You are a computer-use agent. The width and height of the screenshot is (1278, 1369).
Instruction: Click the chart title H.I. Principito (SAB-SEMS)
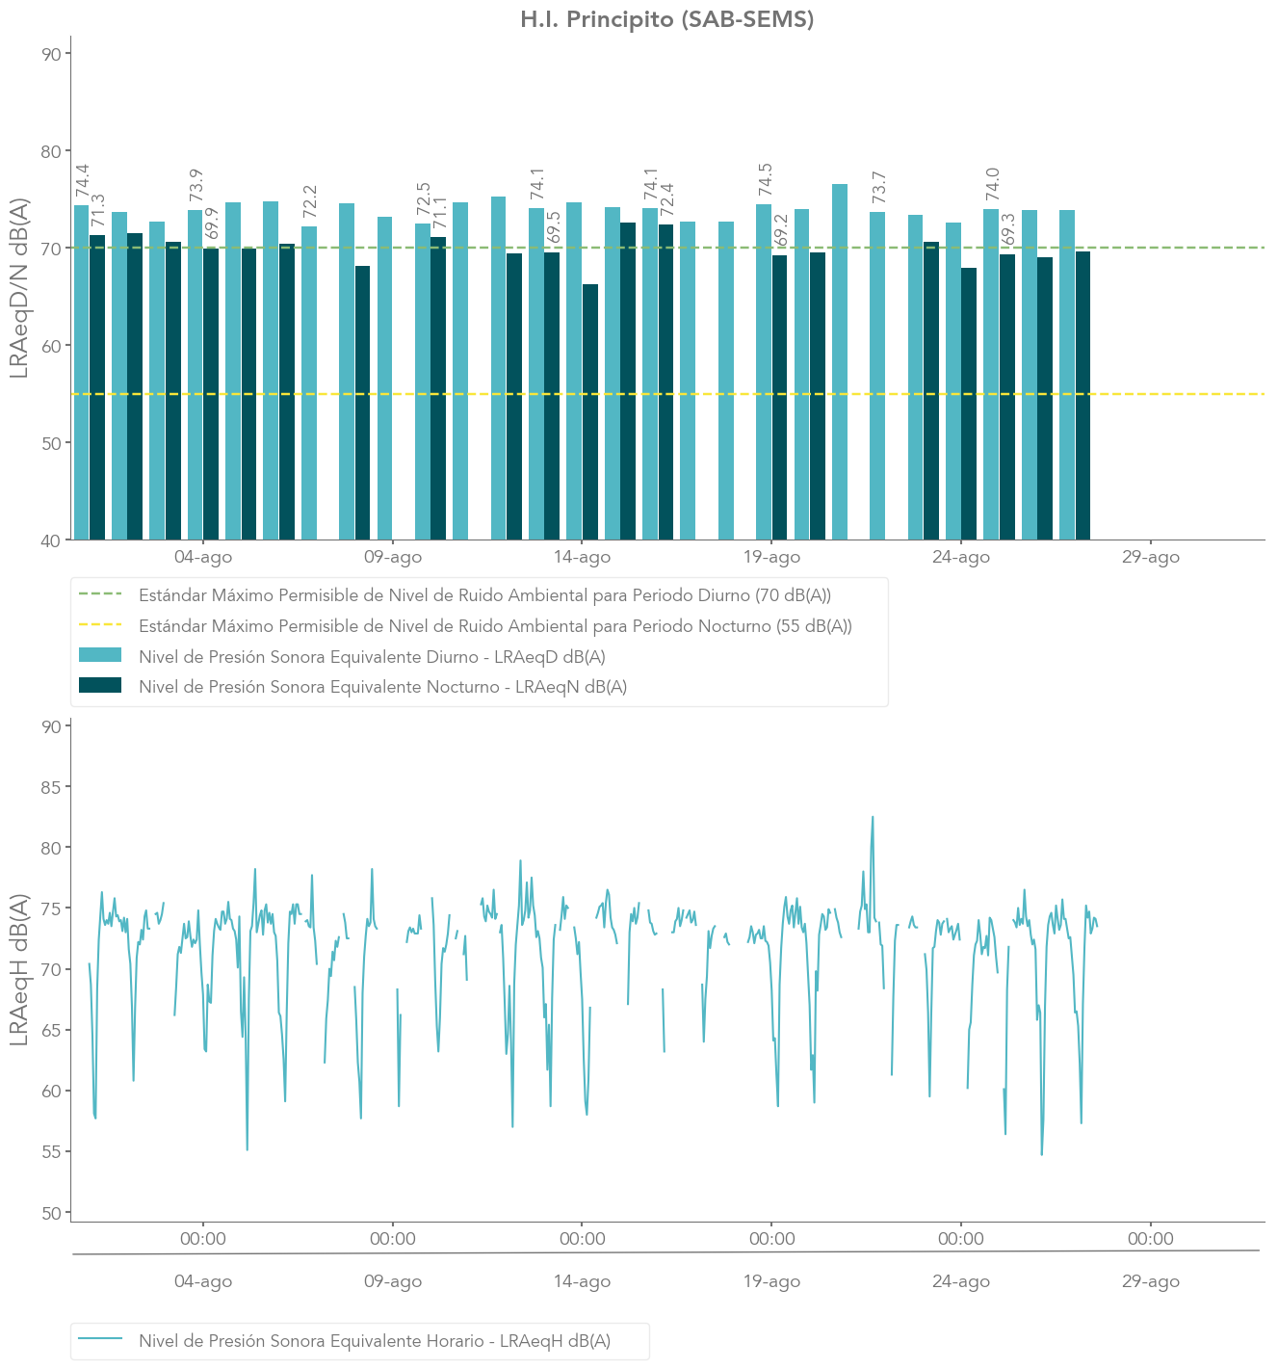666,20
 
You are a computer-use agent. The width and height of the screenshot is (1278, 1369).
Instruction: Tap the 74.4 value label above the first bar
83,182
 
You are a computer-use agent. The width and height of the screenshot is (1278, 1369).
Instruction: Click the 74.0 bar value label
993,184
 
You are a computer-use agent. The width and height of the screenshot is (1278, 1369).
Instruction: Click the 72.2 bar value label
310,202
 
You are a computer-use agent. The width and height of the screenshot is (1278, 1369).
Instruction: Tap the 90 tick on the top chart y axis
50,54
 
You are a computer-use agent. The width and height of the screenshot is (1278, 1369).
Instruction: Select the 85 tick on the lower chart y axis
50,787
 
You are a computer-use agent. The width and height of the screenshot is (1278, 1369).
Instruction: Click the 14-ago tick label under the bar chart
582,557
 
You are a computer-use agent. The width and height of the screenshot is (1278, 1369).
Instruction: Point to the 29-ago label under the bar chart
1150,557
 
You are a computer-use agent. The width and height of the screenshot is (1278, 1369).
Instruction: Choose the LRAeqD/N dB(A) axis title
19,288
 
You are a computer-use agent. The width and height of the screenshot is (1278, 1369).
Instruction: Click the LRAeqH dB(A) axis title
19,970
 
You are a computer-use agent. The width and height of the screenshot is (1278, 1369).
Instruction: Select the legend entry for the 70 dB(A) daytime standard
484,595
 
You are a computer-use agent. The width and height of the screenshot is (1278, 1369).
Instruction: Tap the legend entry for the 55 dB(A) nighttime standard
495,626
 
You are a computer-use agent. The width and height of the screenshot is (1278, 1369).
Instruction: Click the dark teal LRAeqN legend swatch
100,686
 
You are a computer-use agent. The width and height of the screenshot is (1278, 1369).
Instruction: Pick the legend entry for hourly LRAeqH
375,1340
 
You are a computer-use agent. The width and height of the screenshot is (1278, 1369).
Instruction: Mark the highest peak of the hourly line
873,818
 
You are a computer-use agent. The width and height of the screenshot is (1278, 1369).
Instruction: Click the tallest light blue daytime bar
840,361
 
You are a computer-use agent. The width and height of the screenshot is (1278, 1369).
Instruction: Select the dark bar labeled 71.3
97,386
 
